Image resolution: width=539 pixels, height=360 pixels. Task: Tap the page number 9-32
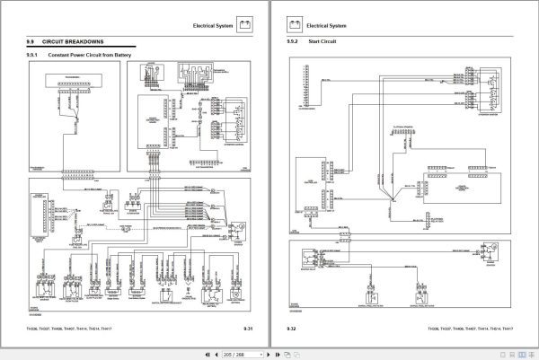tap(292, 329)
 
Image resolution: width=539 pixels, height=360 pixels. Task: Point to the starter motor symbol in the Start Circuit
tap(489, 248)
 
